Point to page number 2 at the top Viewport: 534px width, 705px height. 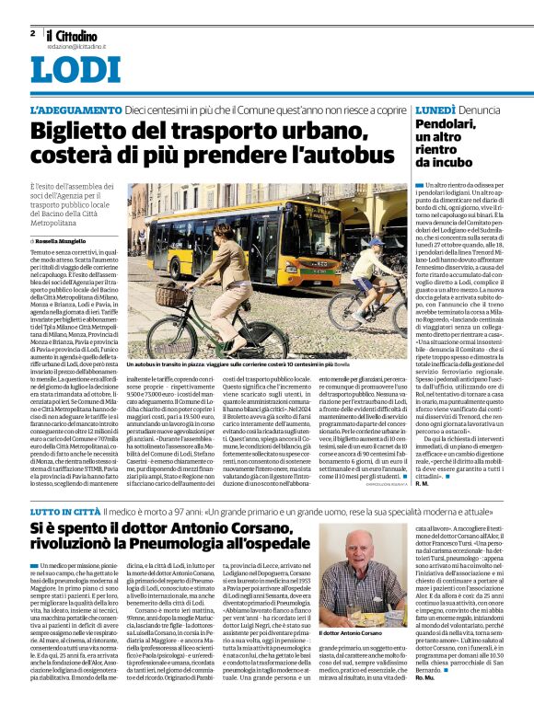(32, 33)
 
